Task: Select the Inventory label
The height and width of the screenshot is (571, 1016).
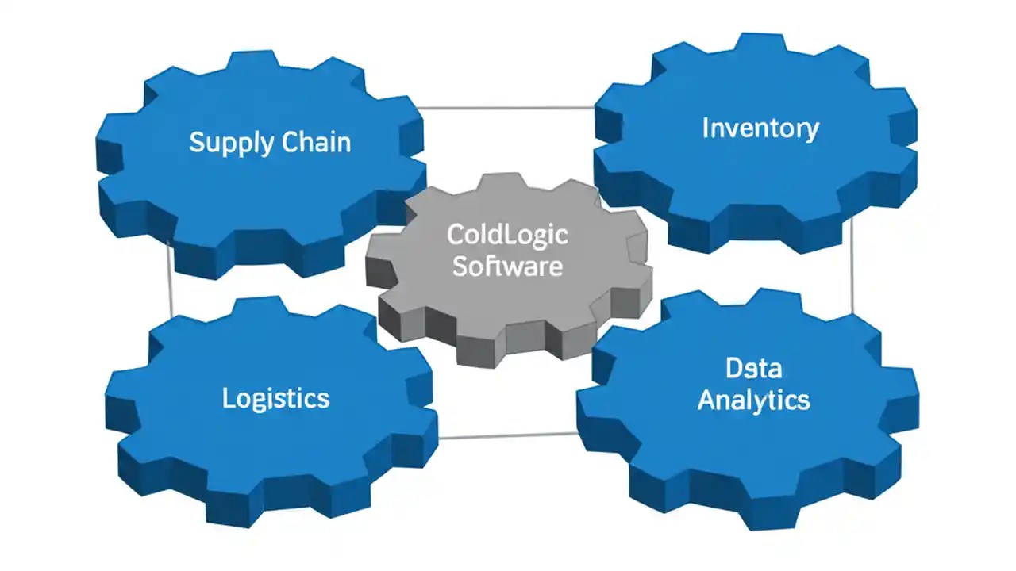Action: (760, 128)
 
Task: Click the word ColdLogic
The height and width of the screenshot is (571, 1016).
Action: (507, 236)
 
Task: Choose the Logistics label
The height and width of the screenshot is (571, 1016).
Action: (275, 397)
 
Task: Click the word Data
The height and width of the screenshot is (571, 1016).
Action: (753, 368)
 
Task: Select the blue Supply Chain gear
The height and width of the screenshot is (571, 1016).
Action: (262, 190)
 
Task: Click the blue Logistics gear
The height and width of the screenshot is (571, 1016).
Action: (270, 444)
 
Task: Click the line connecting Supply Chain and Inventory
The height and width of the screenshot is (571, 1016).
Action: (508, 107)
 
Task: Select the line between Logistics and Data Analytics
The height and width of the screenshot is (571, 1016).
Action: (508, 435)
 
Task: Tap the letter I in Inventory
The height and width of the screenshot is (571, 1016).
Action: (706, 128)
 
